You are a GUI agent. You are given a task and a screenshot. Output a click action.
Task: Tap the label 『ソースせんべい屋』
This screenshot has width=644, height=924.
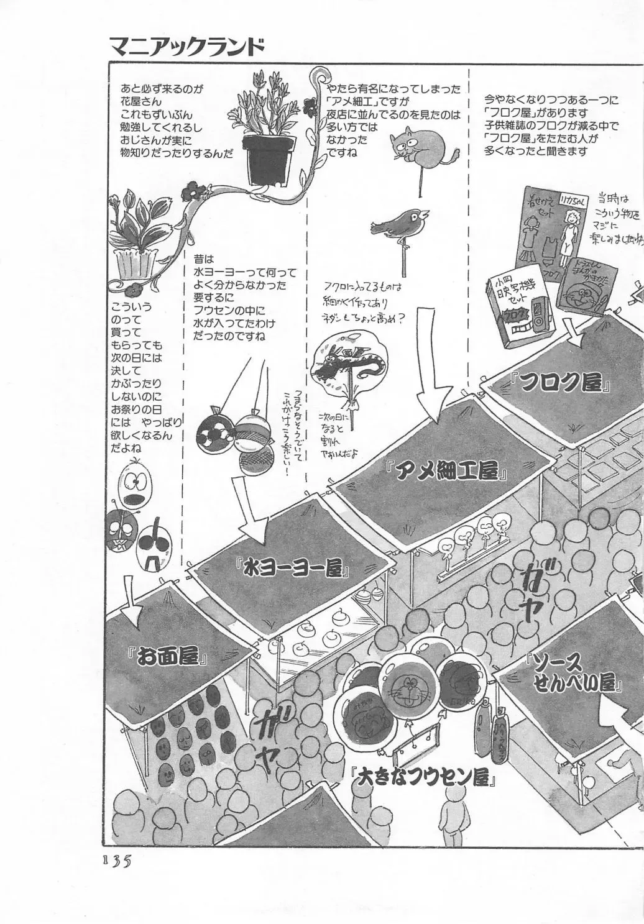click(x=573, y=672)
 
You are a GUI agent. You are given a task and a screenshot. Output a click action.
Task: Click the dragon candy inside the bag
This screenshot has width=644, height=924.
click(x=347, y=366)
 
